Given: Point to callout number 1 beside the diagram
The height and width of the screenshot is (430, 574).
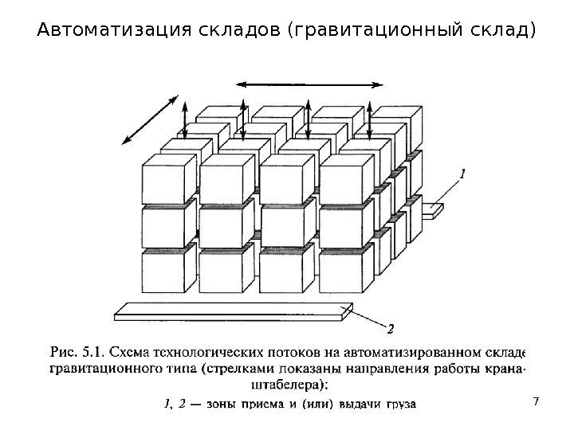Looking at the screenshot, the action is coord(463,170).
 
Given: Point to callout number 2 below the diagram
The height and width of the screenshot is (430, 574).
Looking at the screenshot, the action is coord(391,327).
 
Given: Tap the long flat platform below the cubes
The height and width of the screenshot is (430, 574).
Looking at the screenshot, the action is coord(231,311).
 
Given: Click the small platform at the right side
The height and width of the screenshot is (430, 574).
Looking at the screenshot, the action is coord(433,210).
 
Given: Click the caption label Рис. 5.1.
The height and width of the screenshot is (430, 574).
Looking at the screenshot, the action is coord(77,351).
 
